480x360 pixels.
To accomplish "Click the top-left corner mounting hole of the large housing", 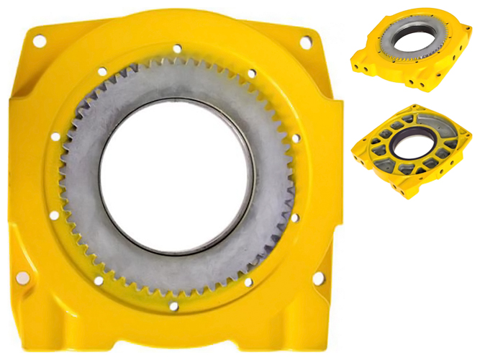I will click(39, 41).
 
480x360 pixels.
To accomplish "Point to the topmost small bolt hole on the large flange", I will click(177, 48).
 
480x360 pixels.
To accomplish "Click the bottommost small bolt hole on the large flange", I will click(173, 306).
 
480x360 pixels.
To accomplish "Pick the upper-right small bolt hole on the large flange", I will click(251, 73).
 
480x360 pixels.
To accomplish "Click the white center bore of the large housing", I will click(177, 176).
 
